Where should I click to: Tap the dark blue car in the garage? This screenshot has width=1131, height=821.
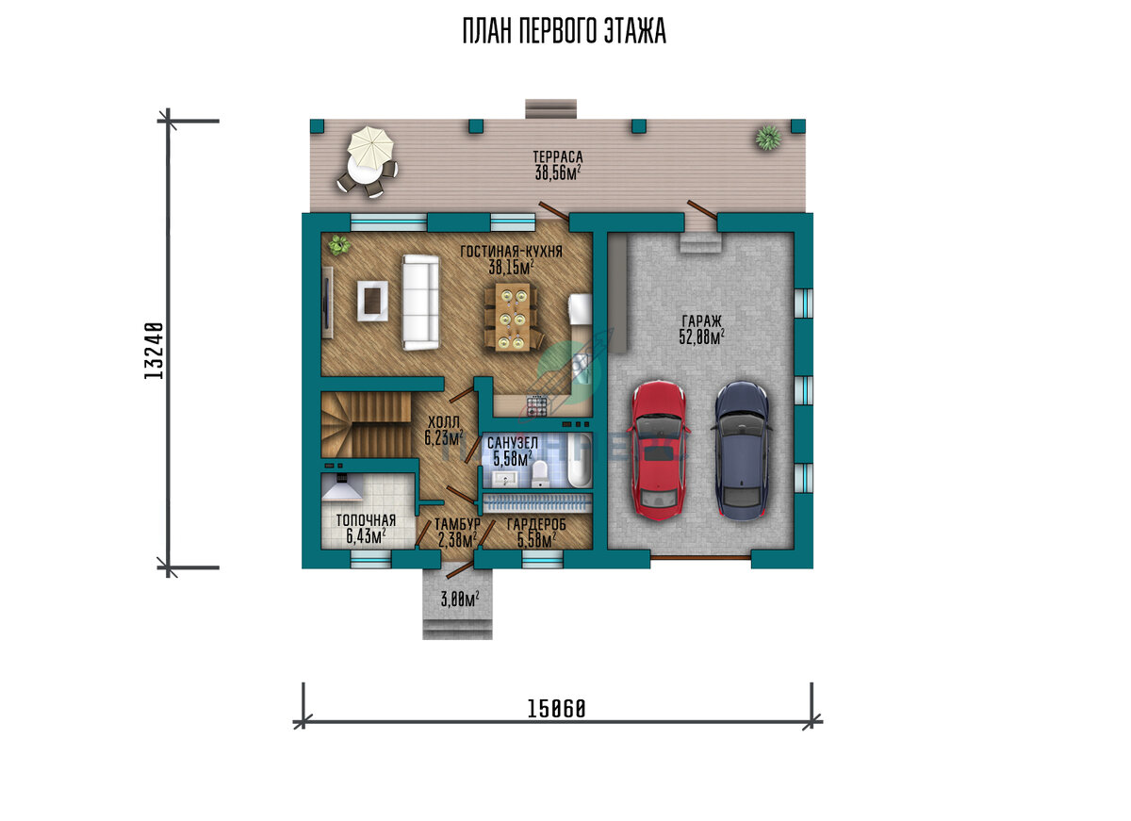tap(742, 451)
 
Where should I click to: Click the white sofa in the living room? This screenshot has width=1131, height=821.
tap(420, 302)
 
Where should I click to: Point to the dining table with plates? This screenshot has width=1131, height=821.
tap(513, 317)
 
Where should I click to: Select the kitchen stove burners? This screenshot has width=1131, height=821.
tap(536, 406)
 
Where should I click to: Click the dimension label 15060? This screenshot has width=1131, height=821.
tap(556, 709)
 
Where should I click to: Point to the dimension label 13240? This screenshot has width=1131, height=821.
tap(154, 351)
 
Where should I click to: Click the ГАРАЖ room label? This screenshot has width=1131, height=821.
tap(702, 321)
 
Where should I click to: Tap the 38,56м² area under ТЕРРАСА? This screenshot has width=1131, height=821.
tap(557, 173)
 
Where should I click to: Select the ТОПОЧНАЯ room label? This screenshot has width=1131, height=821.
tap(366, 520)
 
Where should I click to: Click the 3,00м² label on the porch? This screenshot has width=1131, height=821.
tap(460, 599)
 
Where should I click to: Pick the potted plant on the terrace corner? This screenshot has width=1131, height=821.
tap(768, 138)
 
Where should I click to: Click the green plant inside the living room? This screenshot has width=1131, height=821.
tap(339, 246)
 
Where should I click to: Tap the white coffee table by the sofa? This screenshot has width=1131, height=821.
tap(372, 301)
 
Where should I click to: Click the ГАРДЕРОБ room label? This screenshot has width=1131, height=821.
tap(536, 525)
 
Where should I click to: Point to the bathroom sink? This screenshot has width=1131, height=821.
tap(506, 478)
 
